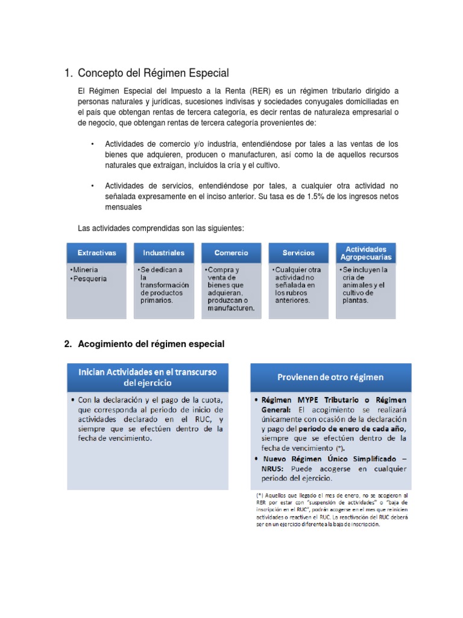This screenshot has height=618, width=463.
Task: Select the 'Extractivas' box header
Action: click(x=96, y=253)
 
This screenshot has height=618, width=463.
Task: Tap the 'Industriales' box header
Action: click(x=164, y=253)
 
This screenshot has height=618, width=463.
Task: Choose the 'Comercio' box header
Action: click(x=231, y=253)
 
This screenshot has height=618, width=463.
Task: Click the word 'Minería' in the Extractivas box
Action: click(x=86, y=270)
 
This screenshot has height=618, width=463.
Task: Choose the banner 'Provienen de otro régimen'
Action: click(x=330, y=377)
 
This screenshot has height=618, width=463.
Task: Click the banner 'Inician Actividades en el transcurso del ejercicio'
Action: click(x=148, y=377)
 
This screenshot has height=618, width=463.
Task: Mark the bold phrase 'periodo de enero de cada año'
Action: click(x=339, y=429)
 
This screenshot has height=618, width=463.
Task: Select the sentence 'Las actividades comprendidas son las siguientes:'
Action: click(x=161, y=228)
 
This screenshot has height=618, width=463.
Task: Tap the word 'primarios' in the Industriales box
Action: click(x=156, y=300)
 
